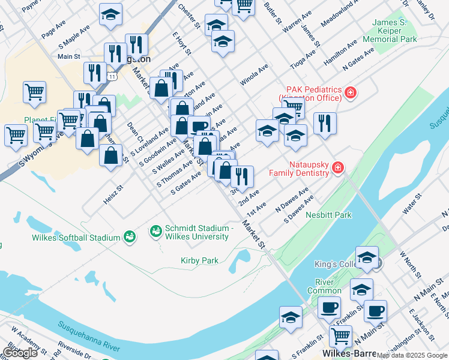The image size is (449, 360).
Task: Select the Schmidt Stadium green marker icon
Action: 155,230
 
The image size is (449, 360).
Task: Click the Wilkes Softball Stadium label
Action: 76,238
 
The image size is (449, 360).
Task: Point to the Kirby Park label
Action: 199,260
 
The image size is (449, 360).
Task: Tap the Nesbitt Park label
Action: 328,214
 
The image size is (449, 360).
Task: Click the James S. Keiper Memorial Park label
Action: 394,31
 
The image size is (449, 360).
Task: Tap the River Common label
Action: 324,286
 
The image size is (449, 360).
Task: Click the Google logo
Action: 20,353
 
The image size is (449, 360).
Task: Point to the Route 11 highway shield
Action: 112,76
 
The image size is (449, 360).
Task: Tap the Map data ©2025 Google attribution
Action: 411,355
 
